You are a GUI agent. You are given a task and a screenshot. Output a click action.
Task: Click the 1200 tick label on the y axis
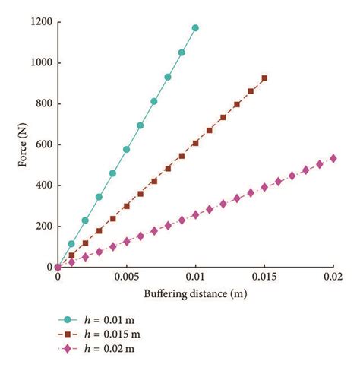(40, 22)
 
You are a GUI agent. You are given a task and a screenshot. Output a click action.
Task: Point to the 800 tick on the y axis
(43, 103)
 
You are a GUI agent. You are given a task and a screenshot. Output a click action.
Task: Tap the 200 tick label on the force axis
(43, 227)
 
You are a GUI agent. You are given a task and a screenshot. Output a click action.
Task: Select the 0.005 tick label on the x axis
(126, 277)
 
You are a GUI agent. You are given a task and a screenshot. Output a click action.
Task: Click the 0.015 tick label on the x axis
(264, 277)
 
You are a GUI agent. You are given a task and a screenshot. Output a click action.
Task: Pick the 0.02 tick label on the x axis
(333, 277)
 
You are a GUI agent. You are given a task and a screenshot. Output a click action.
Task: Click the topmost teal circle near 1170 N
(195, 28)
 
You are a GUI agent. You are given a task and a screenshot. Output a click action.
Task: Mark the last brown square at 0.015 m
(264, 78)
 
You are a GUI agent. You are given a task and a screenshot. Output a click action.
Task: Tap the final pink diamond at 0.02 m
(333, 158)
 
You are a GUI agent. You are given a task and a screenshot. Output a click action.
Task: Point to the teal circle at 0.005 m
(126, 149)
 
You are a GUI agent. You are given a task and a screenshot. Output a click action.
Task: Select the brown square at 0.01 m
(195, 143)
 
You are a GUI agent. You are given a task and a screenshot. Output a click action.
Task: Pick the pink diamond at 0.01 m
(195, 214)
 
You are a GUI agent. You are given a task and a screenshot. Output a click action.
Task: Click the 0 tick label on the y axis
(48, 267)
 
